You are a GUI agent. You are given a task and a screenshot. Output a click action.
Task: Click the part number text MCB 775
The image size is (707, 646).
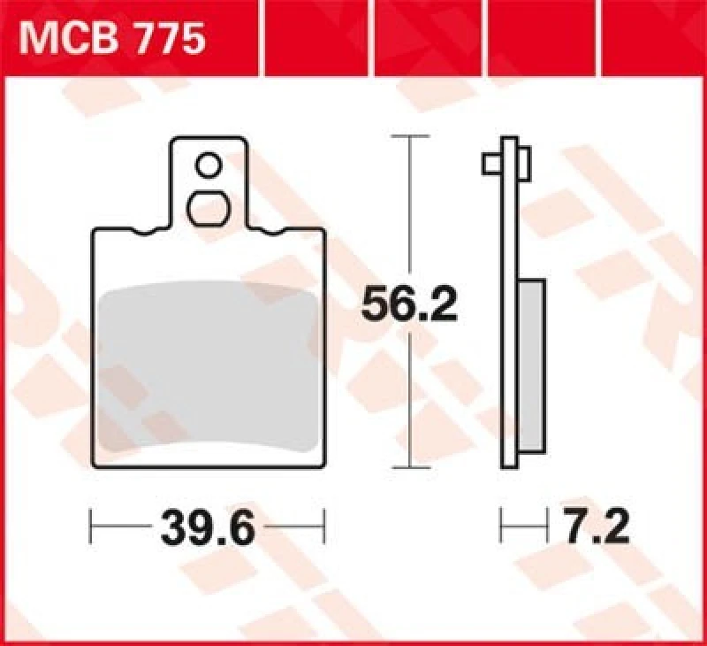pos(113,40)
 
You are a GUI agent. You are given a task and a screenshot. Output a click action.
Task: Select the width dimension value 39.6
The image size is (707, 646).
pos(209,529)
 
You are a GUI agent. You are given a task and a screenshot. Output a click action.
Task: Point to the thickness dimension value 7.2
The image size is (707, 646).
pos(594,529)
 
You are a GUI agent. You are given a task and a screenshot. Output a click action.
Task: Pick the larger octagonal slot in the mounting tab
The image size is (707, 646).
pos(209,209)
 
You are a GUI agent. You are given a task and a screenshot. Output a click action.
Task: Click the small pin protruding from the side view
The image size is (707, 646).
pos(492,164)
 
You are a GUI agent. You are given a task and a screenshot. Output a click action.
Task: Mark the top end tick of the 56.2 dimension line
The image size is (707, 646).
pos(409,137)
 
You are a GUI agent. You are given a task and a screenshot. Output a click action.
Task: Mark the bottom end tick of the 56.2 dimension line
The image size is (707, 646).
pos(409,465)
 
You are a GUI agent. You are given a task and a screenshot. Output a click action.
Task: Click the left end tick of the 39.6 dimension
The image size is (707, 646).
pos(92,529)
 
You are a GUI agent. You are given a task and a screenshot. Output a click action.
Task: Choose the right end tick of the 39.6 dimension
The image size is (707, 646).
pos(325,529)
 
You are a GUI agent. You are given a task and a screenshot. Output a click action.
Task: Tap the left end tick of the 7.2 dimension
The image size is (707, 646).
pos(502,529)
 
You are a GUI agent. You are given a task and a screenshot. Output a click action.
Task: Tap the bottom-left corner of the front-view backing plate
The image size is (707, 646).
pos(95,464)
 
